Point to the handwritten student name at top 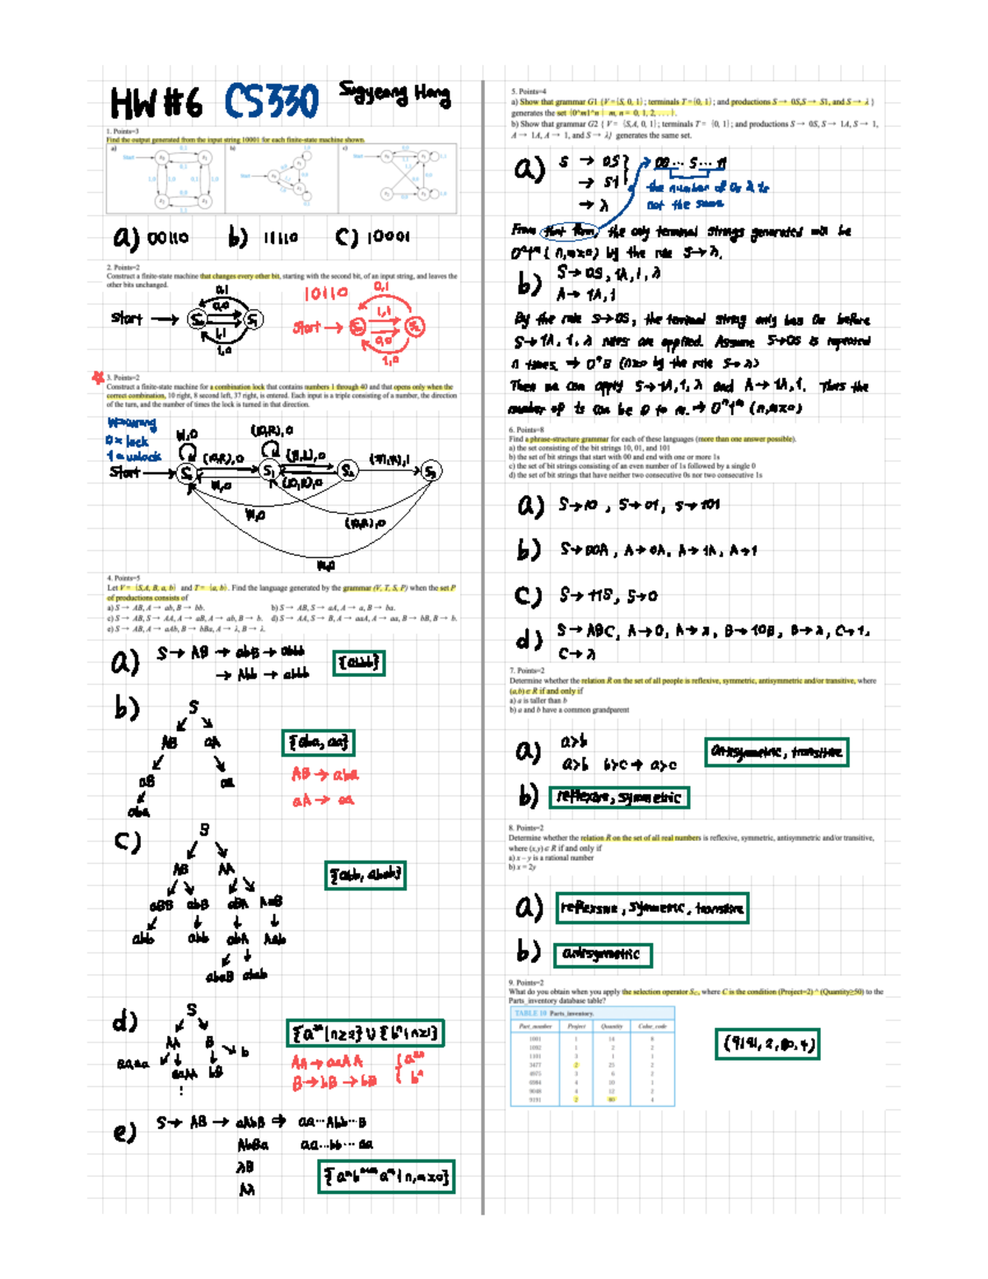394,95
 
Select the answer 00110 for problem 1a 167,238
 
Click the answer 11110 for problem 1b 280,238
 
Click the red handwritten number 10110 326,294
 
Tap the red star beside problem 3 98,377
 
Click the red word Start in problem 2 306,328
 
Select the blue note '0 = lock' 127,441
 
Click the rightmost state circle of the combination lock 431,471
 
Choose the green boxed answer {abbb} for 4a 358,663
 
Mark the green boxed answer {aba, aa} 318,743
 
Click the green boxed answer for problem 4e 386,1177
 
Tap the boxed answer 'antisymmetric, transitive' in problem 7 776,752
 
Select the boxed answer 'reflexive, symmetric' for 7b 618,797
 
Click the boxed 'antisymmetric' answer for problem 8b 602,955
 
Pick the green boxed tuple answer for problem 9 767,1044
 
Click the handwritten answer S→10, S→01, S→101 638,505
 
